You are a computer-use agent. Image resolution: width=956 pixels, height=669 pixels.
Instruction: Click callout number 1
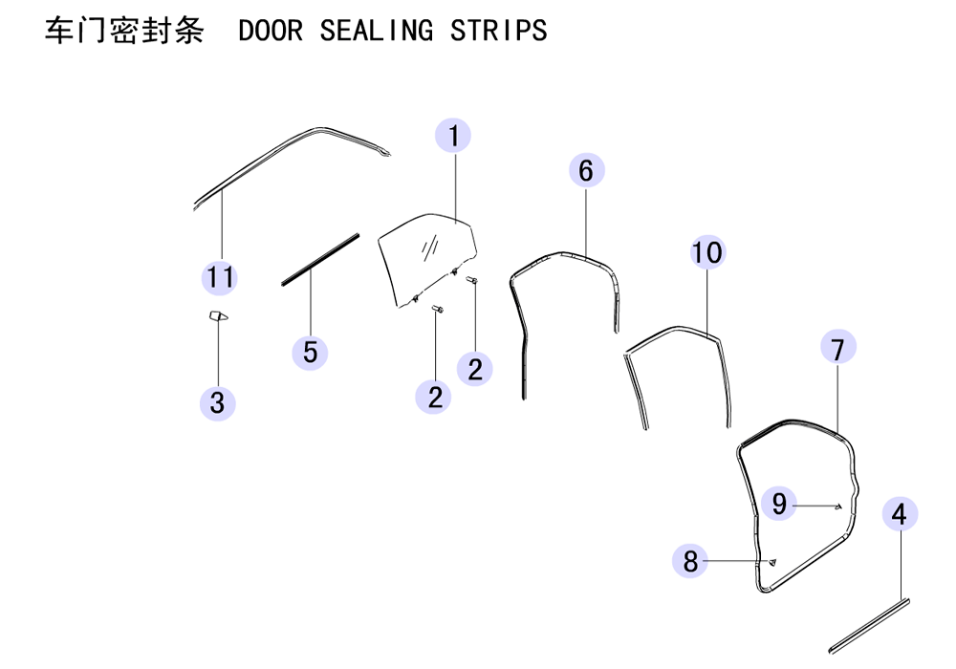(x=453, y=136)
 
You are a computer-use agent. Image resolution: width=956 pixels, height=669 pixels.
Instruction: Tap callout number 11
(x=220, y=277)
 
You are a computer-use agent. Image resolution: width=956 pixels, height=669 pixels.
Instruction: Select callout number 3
(x=218, y=402)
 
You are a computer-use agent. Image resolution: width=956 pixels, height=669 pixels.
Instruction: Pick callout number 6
(x=587, y=171)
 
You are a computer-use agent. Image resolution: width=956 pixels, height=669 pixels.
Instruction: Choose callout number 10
(x=707, y=252)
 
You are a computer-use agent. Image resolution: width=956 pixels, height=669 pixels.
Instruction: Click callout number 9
(x=778, y=504)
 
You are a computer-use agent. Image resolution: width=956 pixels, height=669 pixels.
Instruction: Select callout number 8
(x=690, y=561)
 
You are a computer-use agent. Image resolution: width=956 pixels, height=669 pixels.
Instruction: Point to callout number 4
(x=900, y=514)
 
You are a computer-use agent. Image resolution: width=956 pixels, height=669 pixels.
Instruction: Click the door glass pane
(x=426, y=259)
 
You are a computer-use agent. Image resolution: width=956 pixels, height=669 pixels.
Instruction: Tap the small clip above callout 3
(x=218, y=315)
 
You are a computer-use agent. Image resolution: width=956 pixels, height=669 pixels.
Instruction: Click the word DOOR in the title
(x=271, y=31)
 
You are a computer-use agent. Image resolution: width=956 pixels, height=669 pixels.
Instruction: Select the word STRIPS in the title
(x=499, y=31)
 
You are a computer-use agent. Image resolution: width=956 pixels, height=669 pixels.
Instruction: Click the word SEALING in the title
(x=376, y=31)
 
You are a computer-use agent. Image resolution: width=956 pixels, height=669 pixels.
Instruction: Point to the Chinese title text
(x=124, y=31)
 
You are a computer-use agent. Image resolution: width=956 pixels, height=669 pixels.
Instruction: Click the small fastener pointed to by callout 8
(x=772, y=562)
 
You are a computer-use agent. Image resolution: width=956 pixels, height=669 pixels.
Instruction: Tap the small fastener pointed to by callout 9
(x=839, y=506)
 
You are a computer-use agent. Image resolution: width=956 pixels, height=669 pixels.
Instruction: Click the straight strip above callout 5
(x=320, y=260)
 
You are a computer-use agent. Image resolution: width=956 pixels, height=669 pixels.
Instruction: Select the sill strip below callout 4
(x=870, y=626)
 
